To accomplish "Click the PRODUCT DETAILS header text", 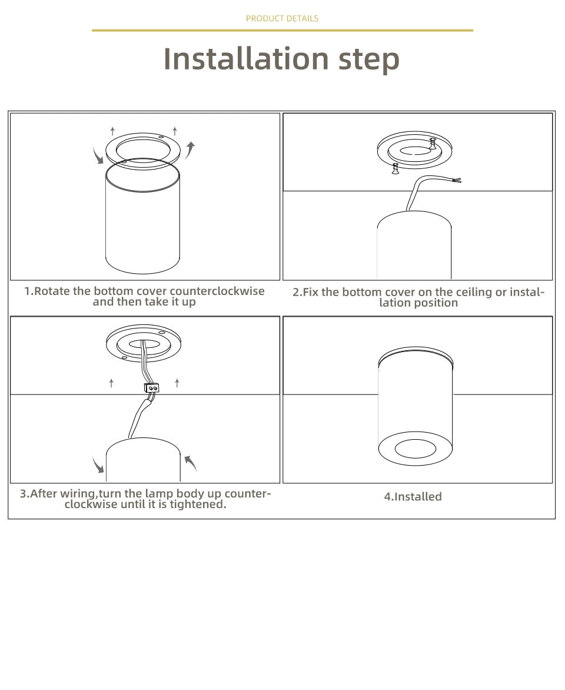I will [282, 18].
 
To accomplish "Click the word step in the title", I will [369, 59].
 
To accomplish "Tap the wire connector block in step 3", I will [151, 388].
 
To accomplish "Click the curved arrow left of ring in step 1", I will [98, 156].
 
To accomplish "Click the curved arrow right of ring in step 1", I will [190, 150].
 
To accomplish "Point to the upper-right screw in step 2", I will [433, 143].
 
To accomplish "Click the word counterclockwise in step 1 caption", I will [217, 291].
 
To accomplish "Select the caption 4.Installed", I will [413, 496].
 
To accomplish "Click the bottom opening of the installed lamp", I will [415, 450].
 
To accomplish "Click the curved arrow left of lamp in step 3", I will [98, 465].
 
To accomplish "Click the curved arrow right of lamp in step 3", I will [190, 463].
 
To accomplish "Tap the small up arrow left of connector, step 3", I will [112, 383].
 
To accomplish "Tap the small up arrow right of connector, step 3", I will [177, 383].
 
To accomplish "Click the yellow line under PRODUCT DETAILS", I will [282, 30].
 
